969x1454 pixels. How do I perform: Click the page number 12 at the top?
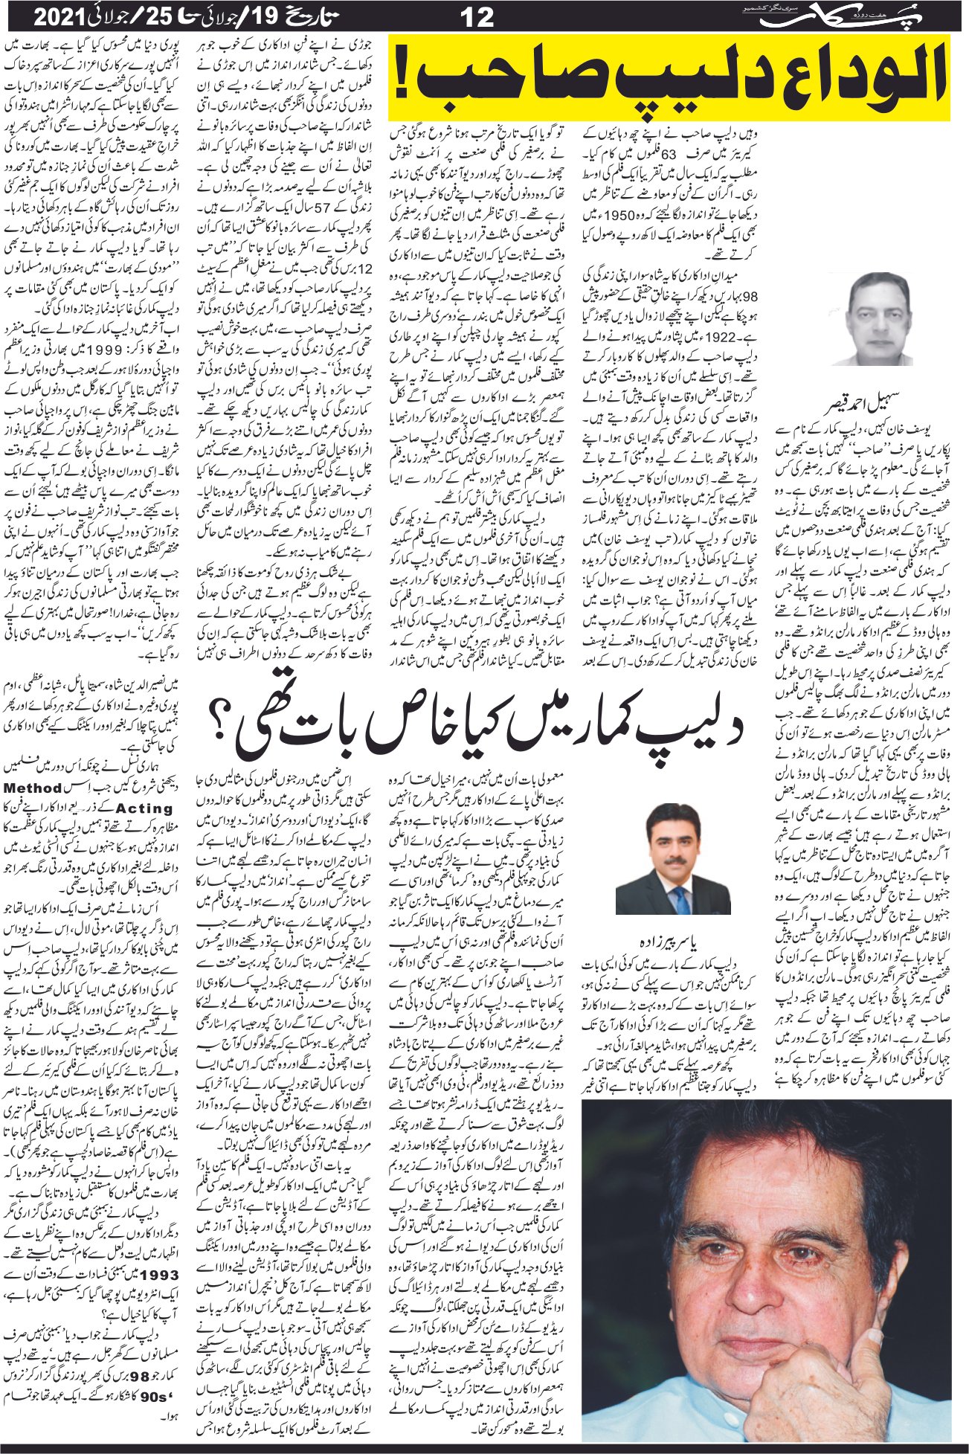476,17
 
